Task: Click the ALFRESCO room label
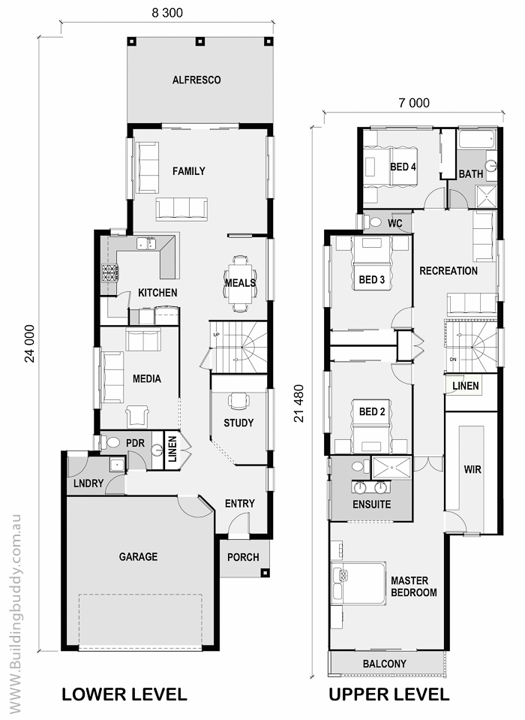click(196, 80)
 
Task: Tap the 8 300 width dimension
click(167, 13)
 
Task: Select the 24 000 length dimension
click(29, 343)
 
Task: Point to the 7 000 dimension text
click(414, 103)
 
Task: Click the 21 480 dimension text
click(299, 403)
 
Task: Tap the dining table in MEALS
click(239, 283)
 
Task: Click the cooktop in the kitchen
click(110, 274)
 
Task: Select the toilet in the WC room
click(374, 222)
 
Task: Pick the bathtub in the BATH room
click(477, 139)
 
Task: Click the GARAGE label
click(138, 556)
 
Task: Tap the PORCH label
click(243, 557)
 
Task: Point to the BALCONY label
click(384, 664)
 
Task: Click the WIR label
click(472, 470)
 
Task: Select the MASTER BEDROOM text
click(413, 586)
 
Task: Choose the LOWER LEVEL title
click(124, 694)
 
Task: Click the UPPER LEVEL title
click(388, 694)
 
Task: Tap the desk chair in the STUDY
click(239, 400)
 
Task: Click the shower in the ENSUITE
click(391, 468)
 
